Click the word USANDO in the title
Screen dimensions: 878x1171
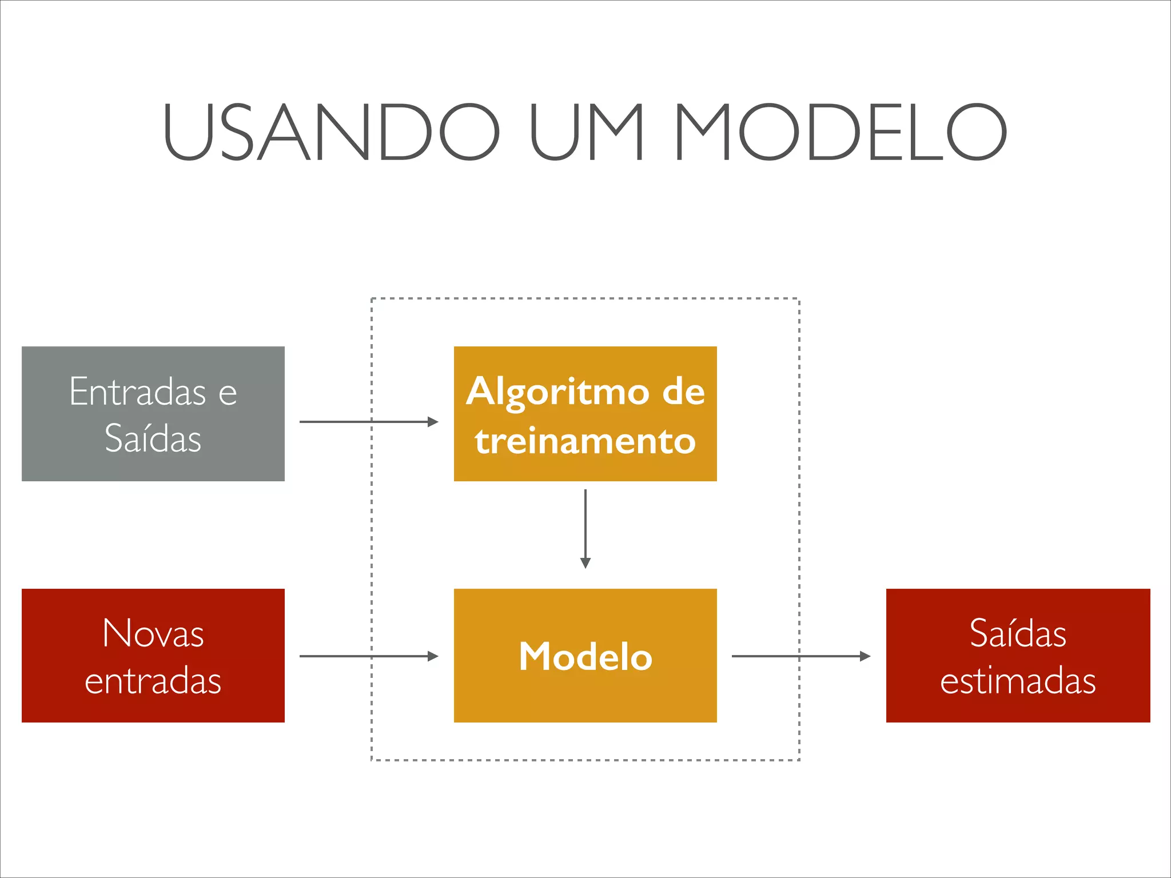pos(330,132)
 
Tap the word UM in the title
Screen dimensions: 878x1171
pos(587,132)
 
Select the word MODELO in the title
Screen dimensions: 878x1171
pos(841,132)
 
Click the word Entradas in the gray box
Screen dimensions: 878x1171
pos(137,392)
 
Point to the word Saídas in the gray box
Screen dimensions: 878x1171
pos(153,438)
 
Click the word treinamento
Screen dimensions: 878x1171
pos(585,441)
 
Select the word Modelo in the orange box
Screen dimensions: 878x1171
pos(585,656)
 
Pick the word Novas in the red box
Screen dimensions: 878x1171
pos(153,633)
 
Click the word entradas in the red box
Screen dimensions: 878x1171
pos(153,681)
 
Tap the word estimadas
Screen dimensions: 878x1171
pos(1018,681)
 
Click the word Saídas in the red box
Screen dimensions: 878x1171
pos(1018,633)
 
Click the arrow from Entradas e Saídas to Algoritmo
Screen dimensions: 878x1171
pos(366,422)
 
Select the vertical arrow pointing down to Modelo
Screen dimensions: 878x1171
pos(585,526)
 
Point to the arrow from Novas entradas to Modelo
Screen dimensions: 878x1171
pos(366,656)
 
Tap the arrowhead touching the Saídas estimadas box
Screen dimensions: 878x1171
pos(865,656)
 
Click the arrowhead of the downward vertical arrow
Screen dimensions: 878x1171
pos(585,563)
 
